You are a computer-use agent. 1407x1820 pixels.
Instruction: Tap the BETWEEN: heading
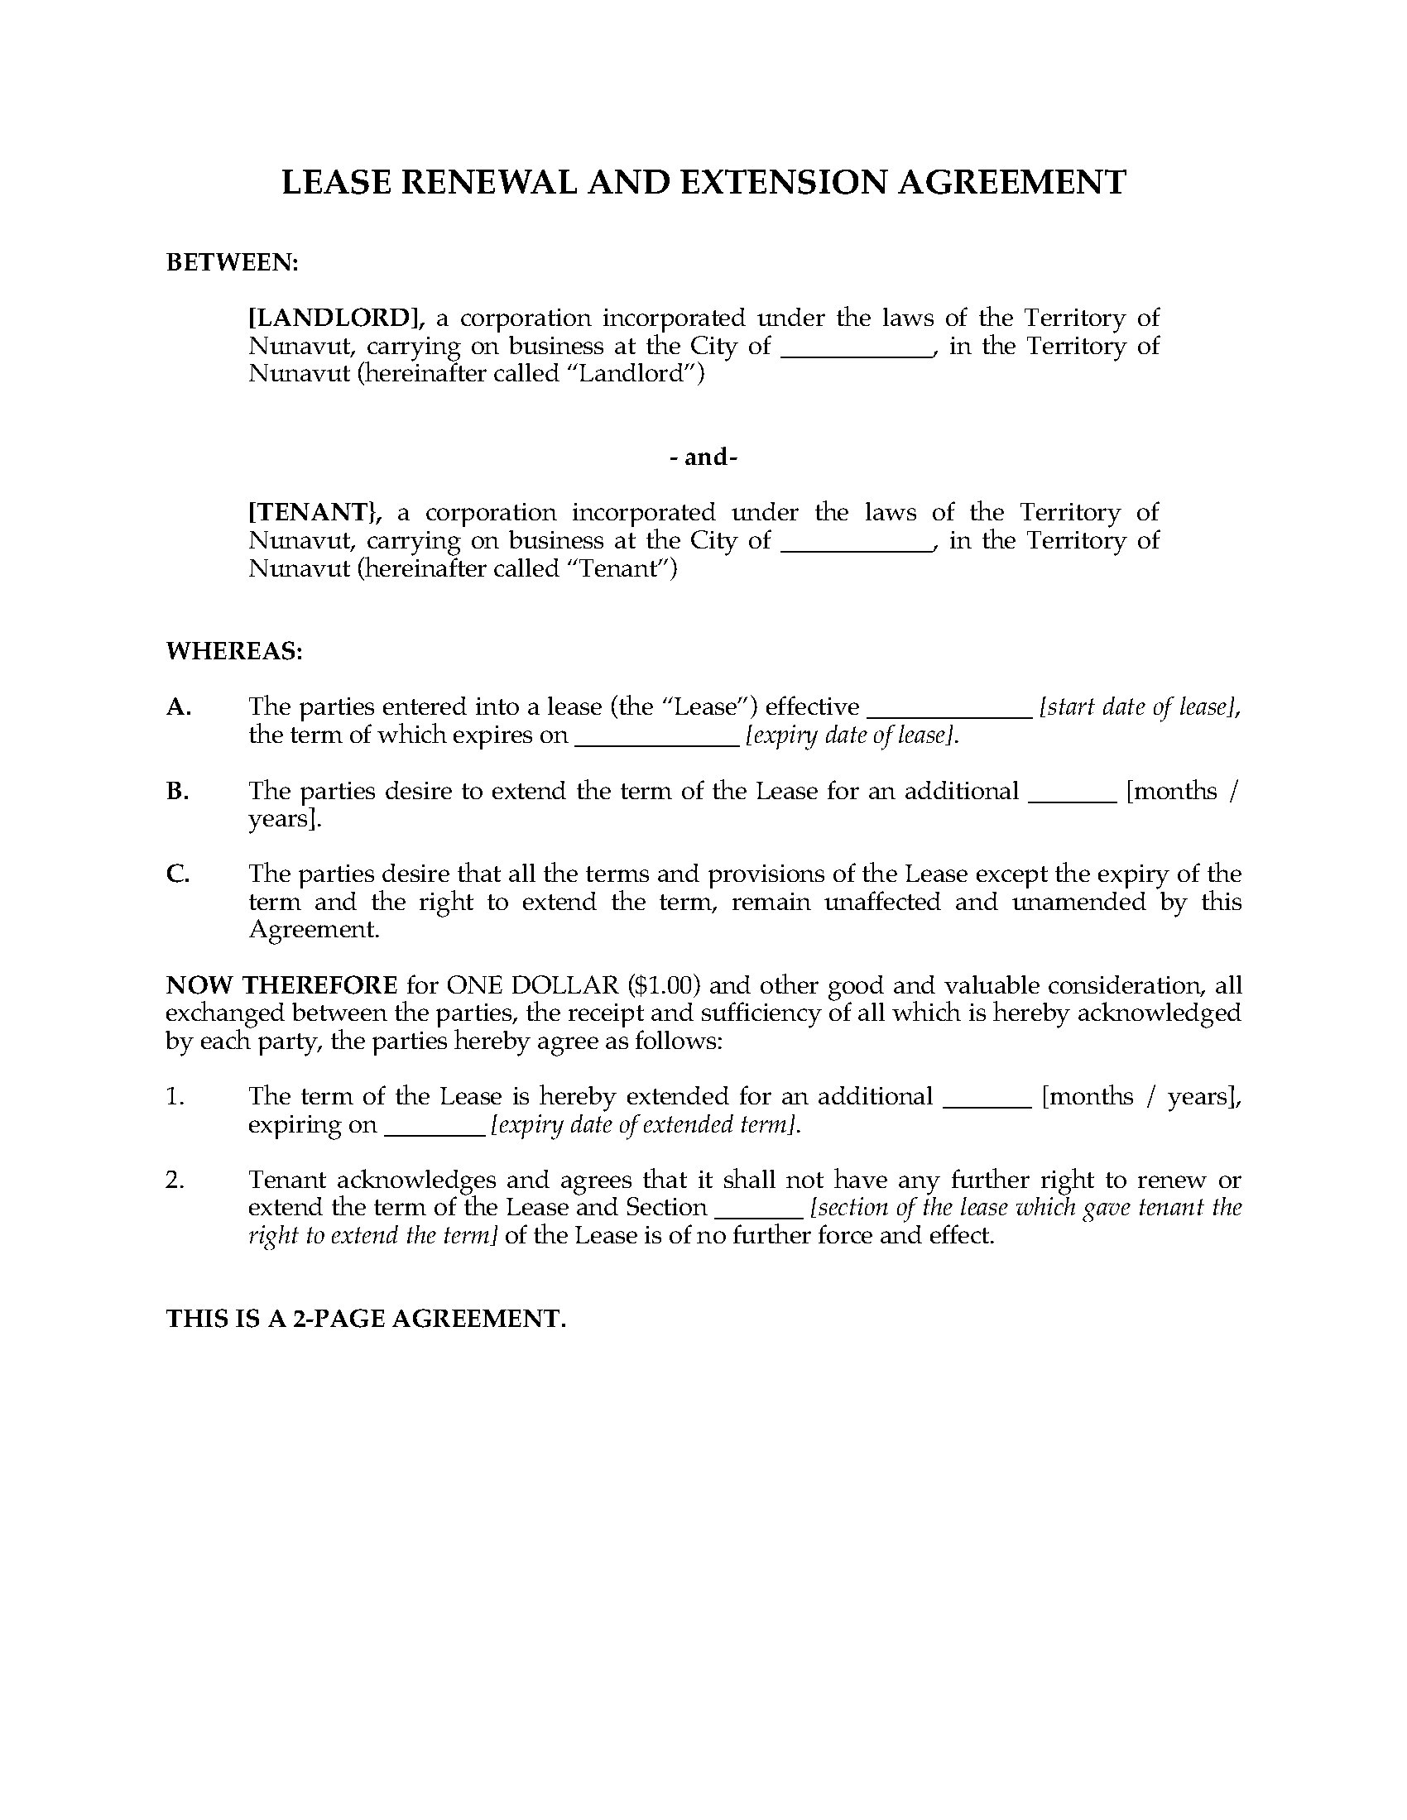tap(232, 262)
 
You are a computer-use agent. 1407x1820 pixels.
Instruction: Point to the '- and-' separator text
tap(703, 457)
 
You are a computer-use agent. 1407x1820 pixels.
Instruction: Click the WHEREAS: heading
tap(234, 651)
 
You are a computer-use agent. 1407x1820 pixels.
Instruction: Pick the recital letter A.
tap(179, 706)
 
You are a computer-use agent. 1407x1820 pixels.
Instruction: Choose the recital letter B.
tap(178, 791)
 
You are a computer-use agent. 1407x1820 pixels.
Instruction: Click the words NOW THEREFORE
tap(281, 986)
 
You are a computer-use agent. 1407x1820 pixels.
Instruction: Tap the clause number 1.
tap(174, 1097)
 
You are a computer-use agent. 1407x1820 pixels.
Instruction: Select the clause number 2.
tap(174, 1180)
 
